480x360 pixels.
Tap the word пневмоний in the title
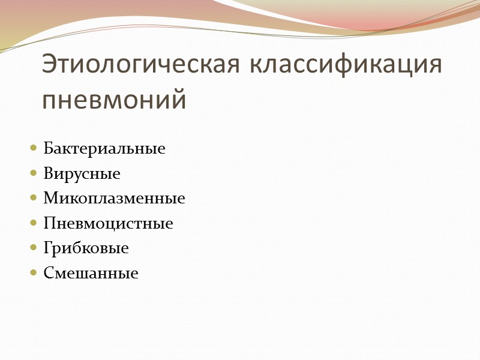(x=114, y=100)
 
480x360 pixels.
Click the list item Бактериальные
(x=104, y=149)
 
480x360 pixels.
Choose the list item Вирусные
(x=82, y=174)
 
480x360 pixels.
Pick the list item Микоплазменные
(x=114, y=199)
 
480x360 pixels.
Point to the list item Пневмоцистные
(x=108, y=224)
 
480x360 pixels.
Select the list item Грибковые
(x=86, y=248)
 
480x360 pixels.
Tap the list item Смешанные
(x=91, y=274)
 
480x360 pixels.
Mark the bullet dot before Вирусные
(x=33, y=175)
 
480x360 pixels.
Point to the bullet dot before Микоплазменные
(x=33, y=199)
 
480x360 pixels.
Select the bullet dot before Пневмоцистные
(x=33, y=224)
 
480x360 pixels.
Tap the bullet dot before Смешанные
(x=33, y=274)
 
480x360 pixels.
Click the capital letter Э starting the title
(x=50, y=65)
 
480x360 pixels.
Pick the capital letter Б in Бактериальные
(x=48, y=149)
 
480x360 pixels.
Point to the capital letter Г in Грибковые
(x=48, y=248)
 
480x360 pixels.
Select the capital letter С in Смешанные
(x=48, y=274)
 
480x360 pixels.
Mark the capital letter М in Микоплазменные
(x=50, y=199)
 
